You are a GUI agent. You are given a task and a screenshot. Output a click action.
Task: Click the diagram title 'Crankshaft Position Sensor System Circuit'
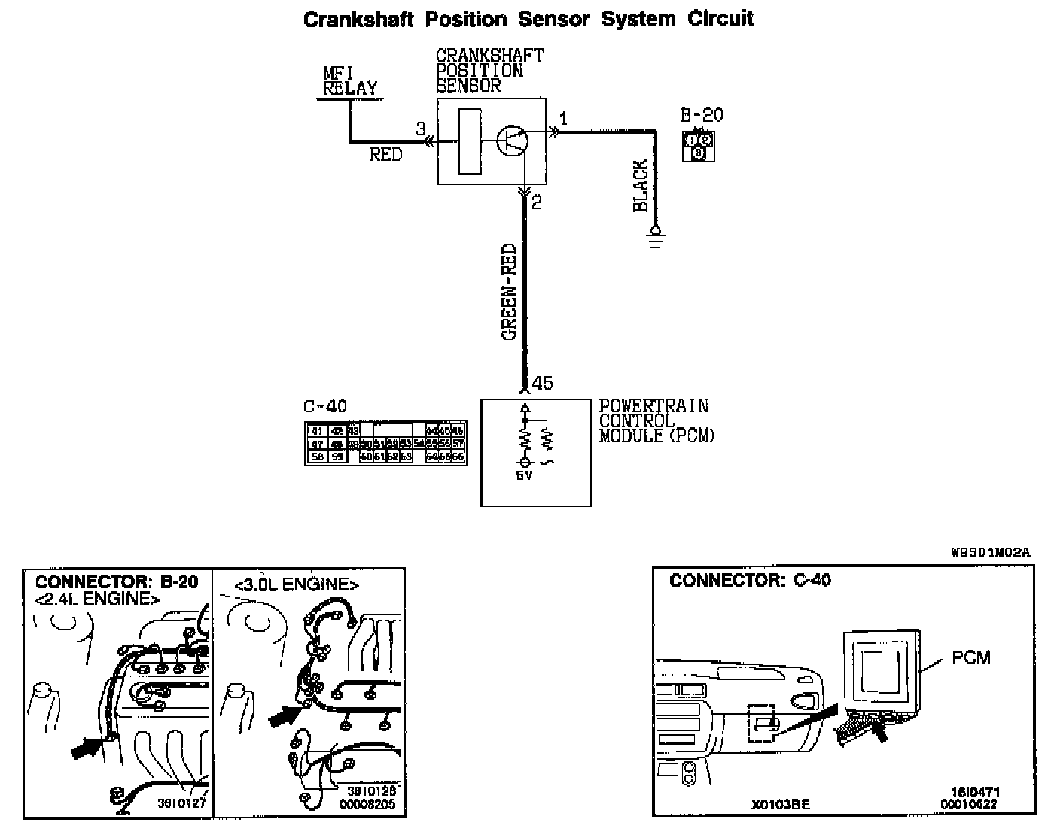(x=528, y=19)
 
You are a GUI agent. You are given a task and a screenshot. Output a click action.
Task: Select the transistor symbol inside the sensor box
(x=512, y=141)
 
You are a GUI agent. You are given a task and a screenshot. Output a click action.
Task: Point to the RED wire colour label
(x=385, y=155)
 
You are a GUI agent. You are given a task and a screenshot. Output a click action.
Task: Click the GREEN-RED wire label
(x=510, y=292)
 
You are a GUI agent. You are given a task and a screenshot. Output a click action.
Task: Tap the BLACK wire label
(x=641, y=185)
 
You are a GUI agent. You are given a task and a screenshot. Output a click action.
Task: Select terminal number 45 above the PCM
(x=542, y=384)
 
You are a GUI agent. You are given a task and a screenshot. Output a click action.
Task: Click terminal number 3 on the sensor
(x=421, y=129)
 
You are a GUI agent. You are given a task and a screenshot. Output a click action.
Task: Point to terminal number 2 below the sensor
(x=537, y=202)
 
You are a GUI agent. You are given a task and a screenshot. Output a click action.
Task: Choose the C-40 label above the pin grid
(x=325, y=407)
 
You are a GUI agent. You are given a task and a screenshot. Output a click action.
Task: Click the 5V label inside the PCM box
(x=525, y=475)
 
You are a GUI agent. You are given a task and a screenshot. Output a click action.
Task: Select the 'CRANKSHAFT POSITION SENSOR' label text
(x=489, y=71)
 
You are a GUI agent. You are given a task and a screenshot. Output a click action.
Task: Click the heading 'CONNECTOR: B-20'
(x=117, y=582)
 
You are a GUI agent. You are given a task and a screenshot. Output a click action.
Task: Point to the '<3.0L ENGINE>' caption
(x=297, y=585)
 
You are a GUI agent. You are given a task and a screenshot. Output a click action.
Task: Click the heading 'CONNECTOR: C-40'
(x=750, y=580)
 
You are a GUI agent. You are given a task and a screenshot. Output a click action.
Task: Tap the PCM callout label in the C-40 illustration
(x=970, y=657)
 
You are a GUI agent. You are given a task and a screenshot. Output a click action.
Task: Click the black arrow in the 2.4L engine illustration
(x=88, y=747)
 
